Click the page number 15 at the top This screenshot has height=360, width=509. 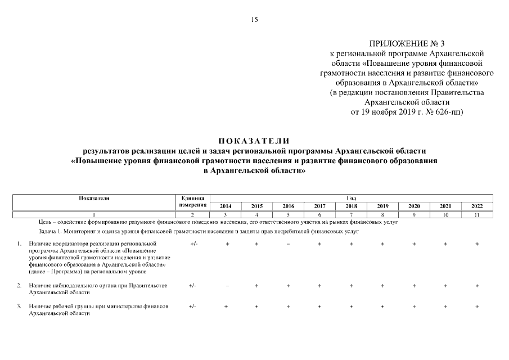click(x=254, y=20)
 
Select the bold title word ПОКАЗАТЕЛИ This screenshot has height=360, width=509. click(x=254, y=141)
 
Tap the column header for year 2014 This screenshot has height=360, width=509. click(x=225, y=206)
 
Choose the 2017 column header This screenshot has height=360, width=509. click(x=319, y=206)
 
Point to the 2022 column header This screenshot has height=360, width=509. click(x=476, y=206)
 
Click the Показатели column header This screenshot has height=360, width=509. click(x=94, y=198)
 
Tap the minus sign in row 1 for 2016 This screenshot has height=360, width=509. click(x=288, y=244)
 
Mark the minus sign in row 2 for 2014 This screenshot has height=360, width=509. click(x=227, y=286)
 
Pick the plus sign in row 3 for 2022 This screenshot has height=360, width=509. click(x=477, y=307)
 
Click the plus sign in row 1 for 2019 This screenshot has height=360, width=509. click(x=382, y=244)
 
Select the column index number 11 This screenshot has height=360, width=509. click(x=476, y=215)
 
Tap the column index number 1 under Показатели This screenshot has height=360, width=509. click(x=94, y=215)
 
